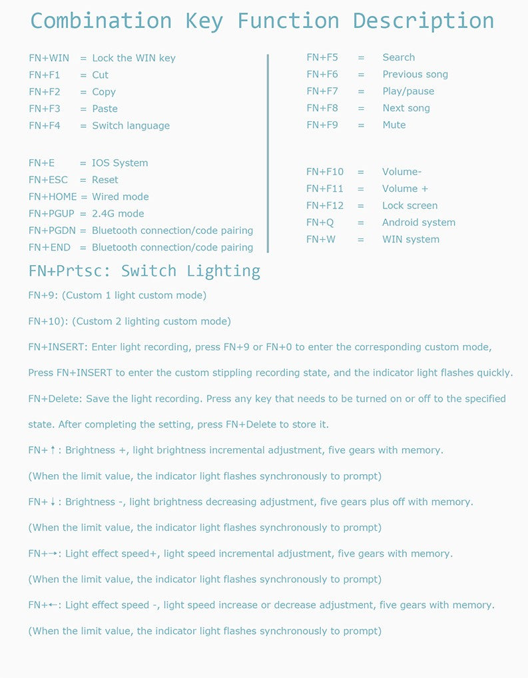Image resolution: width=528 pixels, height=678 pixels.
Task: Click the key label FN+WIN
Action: [x=49, y=58]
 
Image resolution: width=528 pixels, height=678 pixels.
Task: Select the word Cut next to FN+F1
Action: [x=100, y=75]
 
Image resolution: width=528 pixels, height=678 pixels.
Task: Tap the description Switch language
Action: [x=131, y=126]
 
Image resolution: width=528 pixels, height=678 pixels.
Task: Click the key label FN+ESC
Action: [x=48, y=180]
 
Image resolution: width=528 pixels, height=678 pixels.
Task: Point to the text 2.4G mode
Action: [x=118, y=214]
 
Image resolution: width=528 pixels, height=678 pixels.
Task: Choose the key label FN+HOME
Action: [x=53, y=197]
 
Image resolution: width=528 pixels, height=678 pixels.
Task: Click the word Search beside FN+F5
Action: [x=398, y=57]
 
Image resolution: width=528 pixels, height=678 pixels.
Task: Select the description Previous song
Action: [x=415, y=75]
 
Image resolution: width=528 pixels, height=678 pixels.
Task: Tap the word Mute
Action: [x=394, y=125]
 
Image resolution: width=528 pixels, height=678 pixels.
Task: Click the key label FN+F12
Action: [x=325, y=206]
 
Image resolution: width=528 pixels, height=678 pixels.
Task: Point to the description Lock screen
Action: [x=409, y=206]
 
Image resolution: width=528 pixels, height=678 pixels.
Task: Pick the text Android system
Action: [x=418, y=222]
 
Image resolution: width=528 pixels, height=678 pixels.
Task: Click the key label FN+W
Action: [x=321, y=240]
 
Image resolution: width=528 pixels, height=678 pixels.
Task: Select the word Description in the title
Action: [x=423, y=21]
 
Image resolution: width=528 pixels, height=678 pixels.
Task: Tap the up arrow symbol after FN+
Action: [x=53, y=450]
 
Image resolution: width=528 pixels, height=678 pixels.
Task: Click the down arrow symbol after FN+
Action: [x=53, y=502]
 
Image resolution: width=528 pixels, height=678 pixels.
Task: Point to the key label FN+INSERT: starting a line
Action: [x=58, y=347]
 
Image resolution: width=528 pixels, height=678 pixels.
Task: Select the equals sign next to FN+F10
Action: [x=360, y=172]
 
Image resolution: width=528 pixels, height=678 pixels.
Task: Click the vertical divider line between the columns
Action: [x=268, y=153]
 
